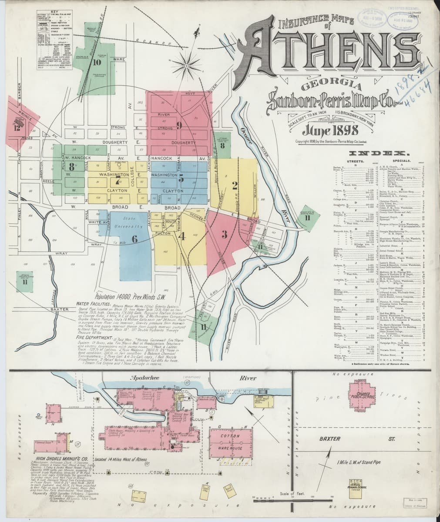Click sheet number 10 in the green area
pyautogui.click(x=97, y=61)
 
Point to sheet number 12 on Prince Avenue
pyautogui.click(x=17, y=127)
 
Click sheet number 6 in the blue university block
pyautogui.click(x=134, y=238)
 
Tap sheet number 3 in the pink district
pyautogui.click(x=225, y=235)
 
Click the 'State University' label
pyautogui.click(x=129, y=222)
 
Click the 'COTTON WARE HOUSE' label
pyautogui.click(x=234, y=442)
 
